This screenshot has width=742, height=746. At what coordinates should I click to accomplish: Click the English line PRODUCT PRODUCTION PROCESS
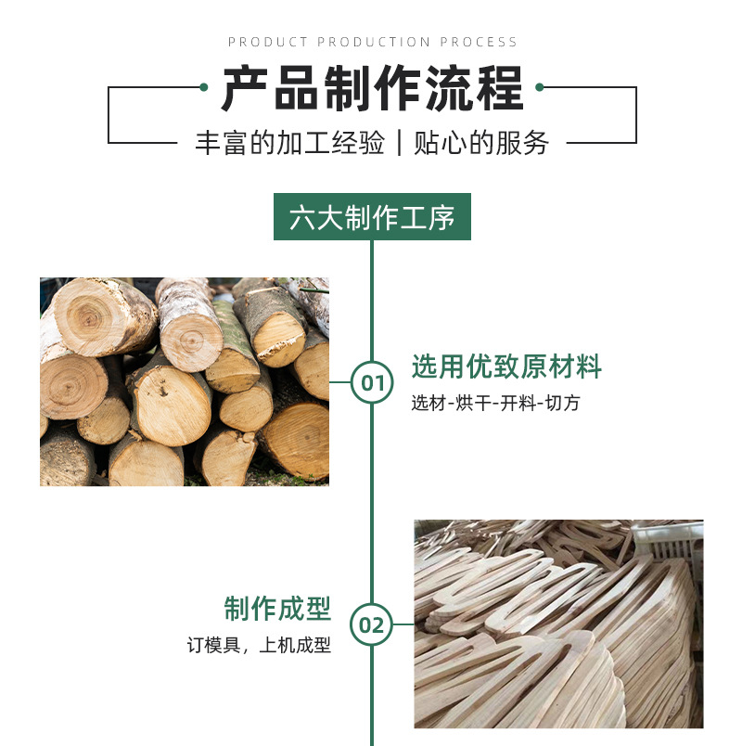[372, 42]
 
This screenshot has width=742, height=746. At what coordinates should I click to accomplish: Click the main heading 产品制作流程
[372, 89]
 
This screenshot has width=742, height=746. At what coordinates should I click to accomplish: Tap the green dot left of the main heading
[203, 87]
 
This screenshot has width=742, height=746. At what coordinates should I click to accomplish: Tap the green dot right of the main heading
[540, 87]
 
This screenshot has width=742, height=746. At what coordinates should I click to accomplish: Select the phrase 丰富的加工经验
[289, 143]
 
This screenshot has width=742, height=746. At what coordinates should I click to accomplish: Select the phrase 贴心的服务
[480, 143]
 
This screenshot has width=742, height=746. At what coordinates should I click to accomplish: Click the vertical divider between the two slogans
[399, 143]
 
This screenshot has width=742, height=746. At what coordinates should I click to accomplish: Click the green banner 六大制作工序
[372, 217]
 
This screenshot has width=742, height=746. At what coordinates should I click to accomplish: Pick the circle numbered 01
[372, 382]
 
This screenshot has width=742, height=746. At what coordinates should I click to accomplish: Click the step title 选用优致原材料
[506, 367]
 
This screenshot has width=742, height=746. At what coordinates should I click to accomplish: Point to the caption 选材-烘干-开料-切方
[496, 404]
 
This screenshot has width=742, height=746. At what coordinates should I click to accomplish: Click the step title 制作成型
[277, 610]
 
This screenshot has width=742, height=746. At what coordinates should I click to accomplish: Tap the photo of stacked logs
[185, 381]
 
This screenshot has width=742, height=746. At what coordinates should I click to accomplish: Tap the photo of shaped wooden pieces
[558, 624]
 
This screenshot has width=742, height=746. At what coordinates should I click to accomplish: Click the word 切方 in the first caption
[563, 404]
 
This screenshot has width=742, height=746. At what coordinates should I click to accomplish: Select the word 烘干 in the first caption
[474, 404]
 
